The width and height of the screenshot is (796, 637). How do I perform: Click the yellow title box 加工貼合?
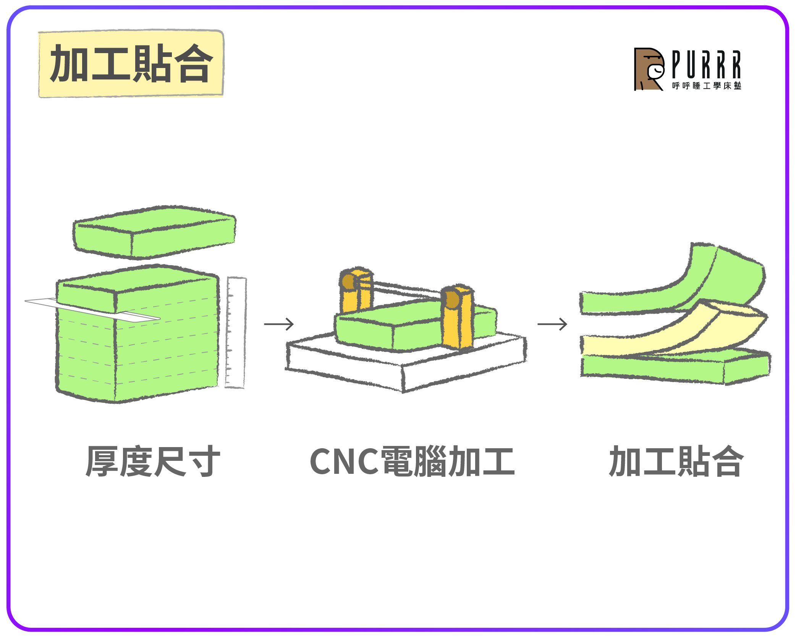[x=131, y=63]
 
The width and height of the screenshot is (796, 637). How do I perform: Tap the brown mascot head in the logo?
[x=649, y=69]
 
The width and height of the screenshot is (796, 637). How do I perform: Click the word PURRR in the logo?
[x=706, y=64]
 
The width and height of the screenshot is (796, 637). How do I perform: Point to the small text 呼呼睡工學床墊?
[x=707, y=86]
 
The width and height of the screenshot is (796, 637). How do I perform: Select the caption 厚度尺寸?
[x=153, y=461]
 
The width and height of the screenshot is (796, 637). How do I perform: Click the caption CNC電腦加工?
[x=412, y=461]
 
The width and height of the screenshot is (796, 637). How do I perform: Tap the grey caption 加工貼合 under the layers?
[x=676, y=461]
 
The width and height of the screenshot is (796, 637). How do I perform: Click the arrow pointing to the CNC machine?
[x=279, y=324]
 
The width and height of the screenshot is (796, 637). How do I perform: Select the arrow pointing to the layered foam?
[x=552, y=324]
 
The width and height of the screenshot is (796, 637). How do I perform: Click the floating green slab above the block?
[x=154, y=232]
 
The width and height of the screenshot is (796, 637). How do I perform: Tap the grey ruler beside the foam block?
[x=235, y=332]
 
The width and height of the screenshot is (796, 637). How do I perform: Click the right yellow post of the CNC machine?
[x=458, y=317]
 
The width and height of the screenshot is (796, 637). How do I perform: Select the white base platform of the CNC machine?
[x=406, y=363]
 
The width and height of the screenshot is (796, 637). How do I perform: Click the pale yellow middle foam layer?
[x=672, y=332]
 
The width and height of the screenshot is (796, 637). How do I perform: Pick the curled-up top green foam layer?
[x=672, y=283]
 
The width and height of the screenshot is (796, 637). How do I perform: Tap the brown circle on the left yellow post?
[x=348, y=282]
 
